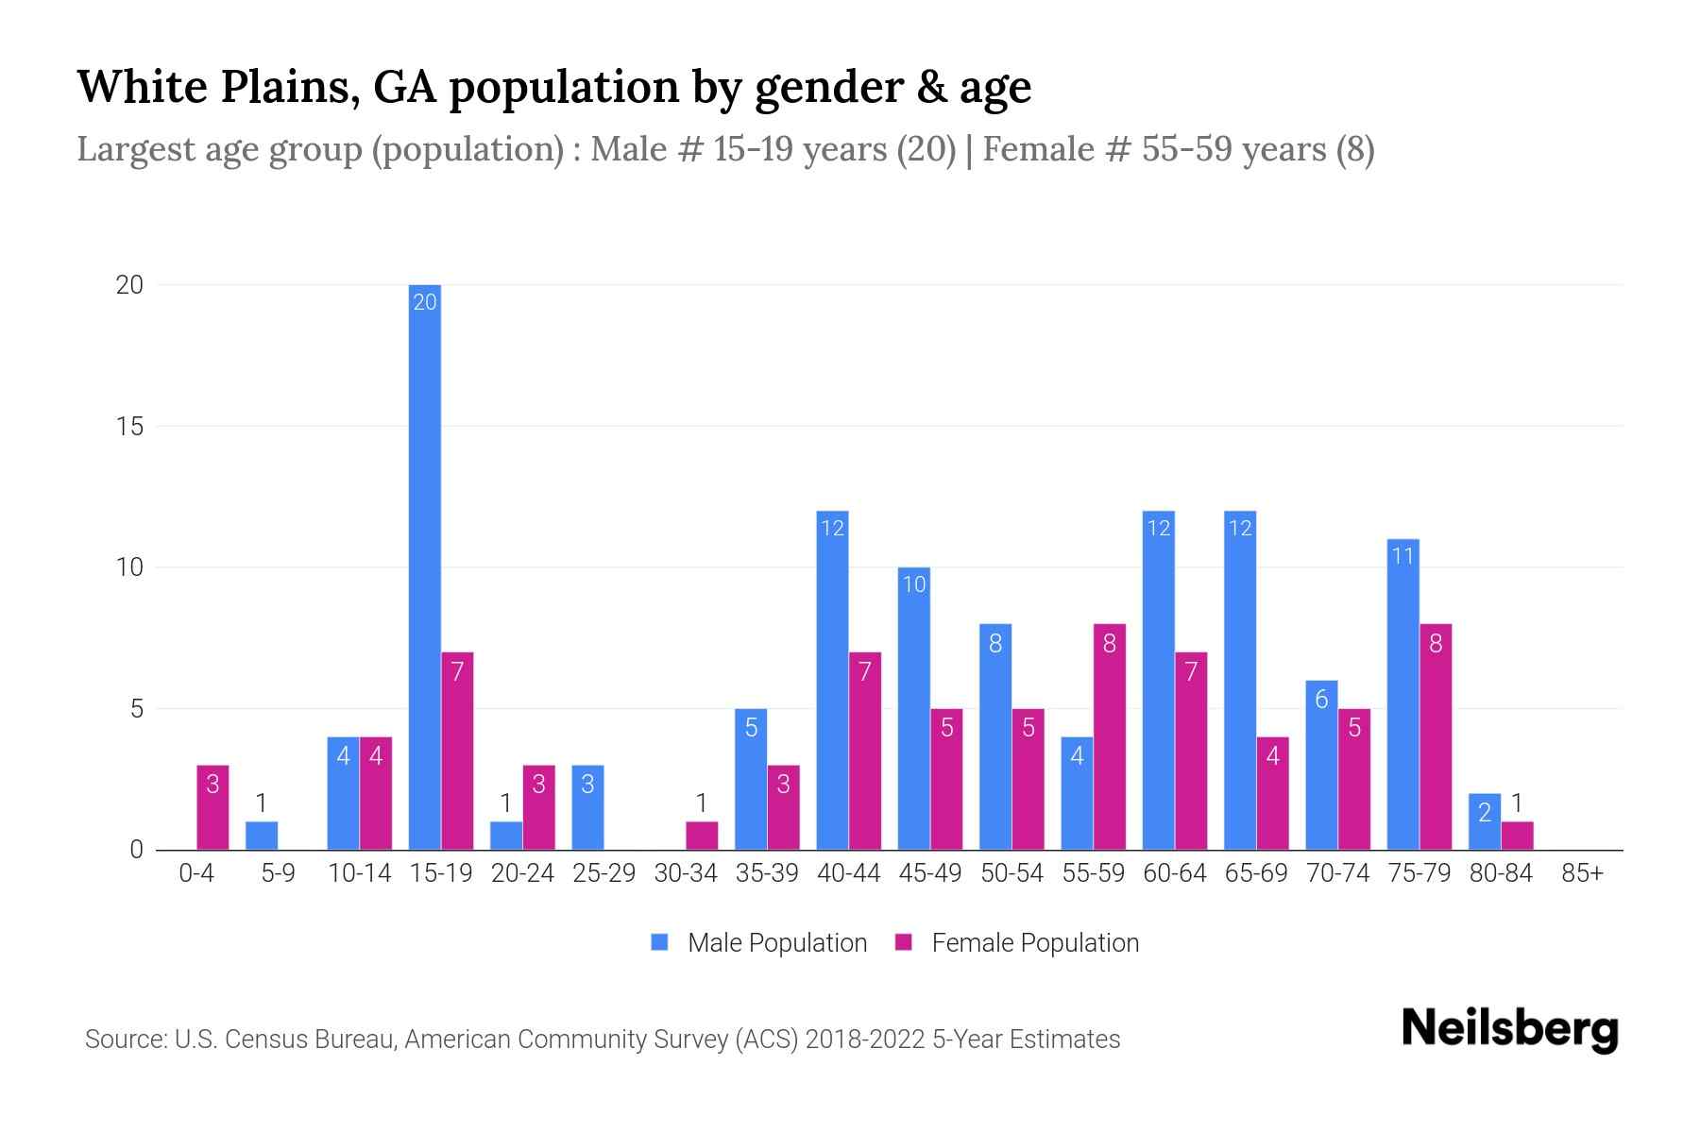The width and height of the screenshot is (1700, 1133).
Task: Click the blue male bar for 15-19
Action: [x=425, y=566]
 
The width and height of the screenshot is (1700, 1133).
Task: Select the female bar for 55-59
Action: [x=1110, y=736]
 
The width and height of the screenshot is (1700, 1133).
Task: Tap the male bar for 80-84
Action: [x=1485, y=822]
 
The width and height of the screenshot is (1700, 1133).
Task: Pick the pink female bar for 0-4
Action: [x=212, y=807]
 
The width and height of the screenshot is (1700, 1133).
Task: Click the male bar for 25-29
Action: [x=587, y=807]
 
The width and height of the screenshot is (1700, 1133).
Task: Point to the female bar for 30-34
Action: [x=702, y=836]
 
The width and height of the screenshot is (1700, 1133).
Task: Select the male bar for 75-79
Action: [x=1403, y=694]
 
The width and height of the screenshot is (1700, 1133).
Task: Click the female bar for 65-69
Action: [x=1272, y=793]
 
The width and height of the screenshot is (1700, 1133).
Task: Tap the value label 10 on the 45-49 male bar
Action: [x=914, y=584]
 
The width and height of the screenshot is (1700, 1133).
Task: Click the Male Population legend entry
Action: [x=759, y=943]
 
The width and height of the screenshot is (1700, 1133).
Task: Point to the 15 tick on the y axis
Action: [x=130, y=427]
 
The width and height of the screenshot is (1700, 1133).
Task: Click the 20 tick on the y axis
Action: [x=129, y=285]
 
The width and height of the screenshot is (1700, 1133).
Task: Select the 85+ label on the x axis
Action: [x=1582, y=873]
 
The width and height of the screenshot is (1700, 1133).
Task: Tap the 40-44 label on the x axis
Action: [x=848, y=873]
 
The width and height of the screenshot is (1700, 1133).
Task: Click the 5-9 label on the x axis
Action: [x=278, y=873]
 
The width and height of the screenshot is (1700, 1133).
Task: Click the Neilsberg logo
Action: [x=1509, y=1029]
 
